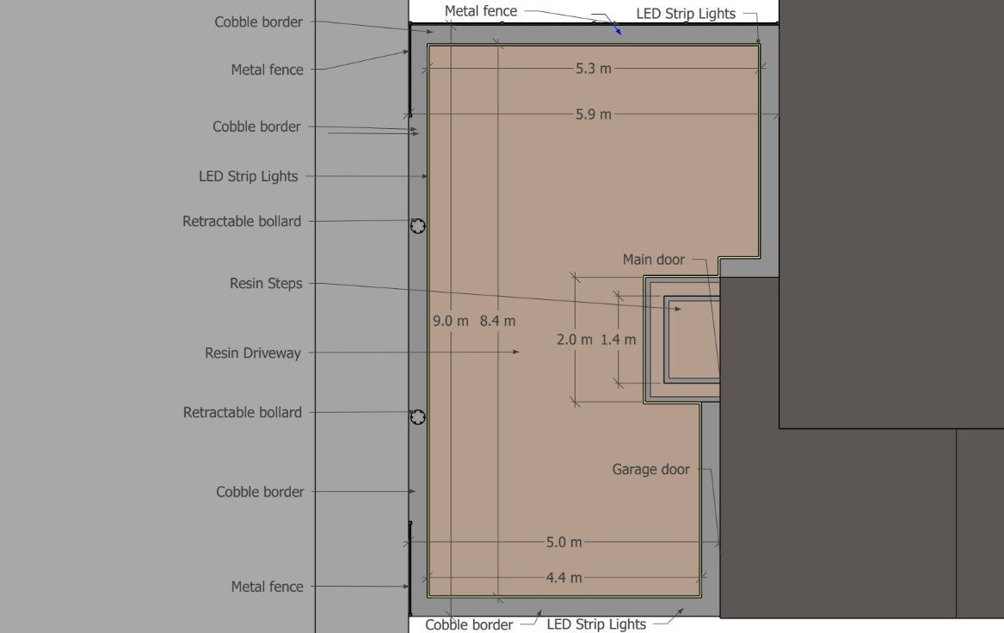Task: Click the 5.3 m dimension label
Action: pyautogui.click(x=593, y=68)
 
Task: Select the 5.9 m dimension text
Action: pyautogui.click(x=593, y=114)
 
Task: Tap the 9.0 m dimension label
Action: pyautogui.click(x=450, y=321)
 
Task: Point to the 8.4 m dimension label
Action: pyautogui.click(x=497, y=321)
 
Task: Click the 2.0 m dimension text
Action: pyautogui.click(x=574, y=339)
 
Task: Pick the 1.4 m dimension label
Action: pyautogui.click(x=618, y=339)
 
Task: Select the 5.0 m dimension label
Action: pyautogui.click(x=564, y=542)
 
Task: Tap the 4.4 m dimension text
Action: pyautogui.click(x=564, y=577)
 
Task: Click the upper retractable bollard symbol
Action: pyautogui.click(x=417, y=226)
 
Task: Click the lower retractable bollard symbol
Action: pyautogui.click(x=417, y=417)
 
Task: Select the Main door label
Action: pyautogui.click(x=654, y=259)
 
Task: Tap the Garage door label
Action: pyautogui.click(x=650, y=470)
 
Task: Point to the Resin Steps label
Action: pyautogui.click(x=266, y=283)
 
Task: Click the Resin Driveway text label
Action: pyautogui.click(x=253, y=353)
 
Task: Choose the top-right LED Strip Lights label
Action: pyautogui.click(x=686, y=13)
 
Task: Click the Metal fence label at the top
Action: pyautogui.click(x=481, y=11)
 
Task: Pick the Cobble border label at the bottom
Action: pyautogui.click(x=469, y=624)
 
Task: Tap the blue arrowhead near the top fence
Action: pyautogui.click(x=617, y=30)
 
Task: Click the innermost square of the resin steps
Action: pyautogui.click(x=693, y=340)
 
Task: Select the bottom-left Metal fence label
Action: pyautogui.click(x=267, y=587)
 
